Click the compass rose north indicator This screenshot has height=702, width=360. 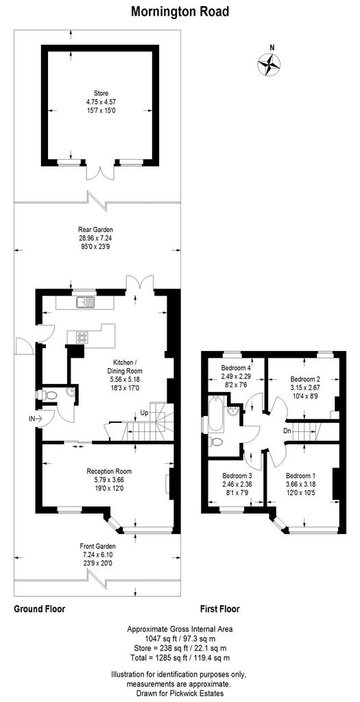tap(269, 63)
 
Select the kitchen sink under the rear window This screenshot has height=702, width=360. tap(84, 303)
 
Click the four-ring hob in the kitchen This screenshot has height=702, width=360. tap(82, 337)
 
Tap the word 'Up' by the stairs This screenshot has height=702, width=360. tap(144, 411)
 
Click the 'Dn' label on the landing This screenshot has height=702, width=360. tap(289, 431)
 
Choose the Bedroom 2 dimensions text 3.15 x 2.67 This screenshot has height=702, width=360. tap(304, 384)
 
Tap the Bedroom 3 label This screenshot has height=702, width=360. tap(237, 475)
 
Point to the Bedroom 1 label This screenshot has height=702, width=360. tap(300, 475)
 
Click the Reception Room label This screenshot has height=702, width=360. tap(109, 471)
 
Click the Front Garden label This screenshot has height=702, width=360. tap(97, 546)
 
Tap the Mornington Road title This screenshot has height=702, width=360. tap(180, 12)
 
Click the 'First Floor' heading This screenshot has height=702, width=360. tap(219, 609)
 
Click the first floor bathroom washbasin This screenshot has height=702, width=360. tap(233, 411)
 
